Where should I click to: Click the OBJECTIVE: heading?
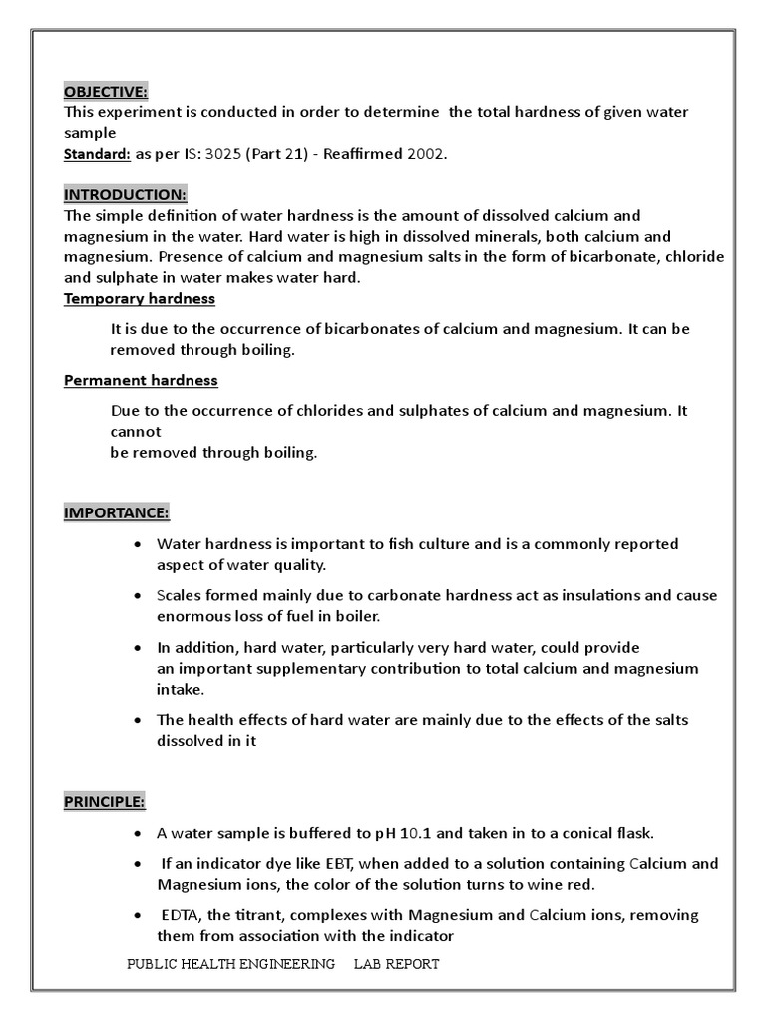[106, 92]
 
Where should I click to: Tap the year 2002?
[425, 154]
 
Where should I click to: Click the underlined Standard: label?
[97, 154]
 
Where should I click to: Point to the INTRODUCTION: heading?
[125, 194]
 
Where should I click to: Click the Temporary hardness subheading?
[140, 298]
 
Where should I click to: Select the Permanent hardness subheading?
[141, 380]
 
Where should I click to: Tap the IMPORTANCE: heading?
[117, 512]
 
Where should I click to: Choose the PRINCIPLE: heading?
[105, 801]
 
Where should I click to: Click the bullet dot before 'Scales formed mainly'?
[137, 596]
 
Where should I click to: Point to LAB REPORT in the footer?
[396, 964]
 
